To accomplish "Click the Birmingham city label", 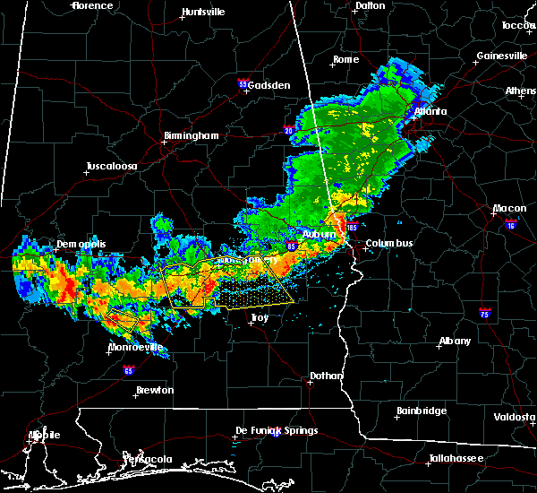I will pyautogui.click(x=191, y=136).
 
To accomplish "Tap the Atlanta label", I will pyautogui.click(x=430, y=112).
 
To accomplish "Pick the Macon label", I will pyautogui.click(x=509, y=210).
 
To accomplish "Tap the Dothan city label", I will pyautogui.click(x=323, y=377).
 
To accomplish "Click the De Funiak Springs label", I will pyautogui.click(x=277, y=431).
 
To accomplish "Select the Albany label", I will pyautogui.click(x=456, y=342).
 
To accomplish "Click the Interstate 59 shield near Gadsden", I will pyautogui.click(x=243, y=84).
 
